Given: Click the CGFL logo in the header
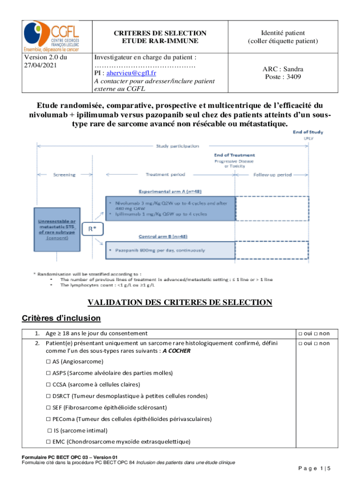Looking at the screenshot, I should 51,36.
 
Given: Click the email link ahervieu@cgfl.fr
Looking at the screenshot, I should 131,73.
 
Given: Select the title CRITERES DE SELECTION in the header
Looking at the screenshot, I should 160,33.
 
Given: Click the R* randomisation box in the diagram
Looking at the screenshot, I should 94,229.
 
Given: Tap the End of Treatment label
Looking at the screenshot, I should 234,155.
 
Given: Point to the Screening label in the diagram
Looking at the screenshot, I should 64,175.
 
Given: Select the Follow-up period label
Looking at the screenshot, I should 273,175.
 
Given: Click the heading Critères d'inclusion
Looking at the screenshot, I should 61,318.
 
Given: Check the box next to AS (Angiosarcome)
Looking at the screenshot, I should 48,362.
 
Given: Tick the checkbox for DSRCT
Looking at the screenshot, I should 48,396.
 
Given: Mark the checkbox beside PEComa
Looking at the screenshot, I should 48,419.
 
